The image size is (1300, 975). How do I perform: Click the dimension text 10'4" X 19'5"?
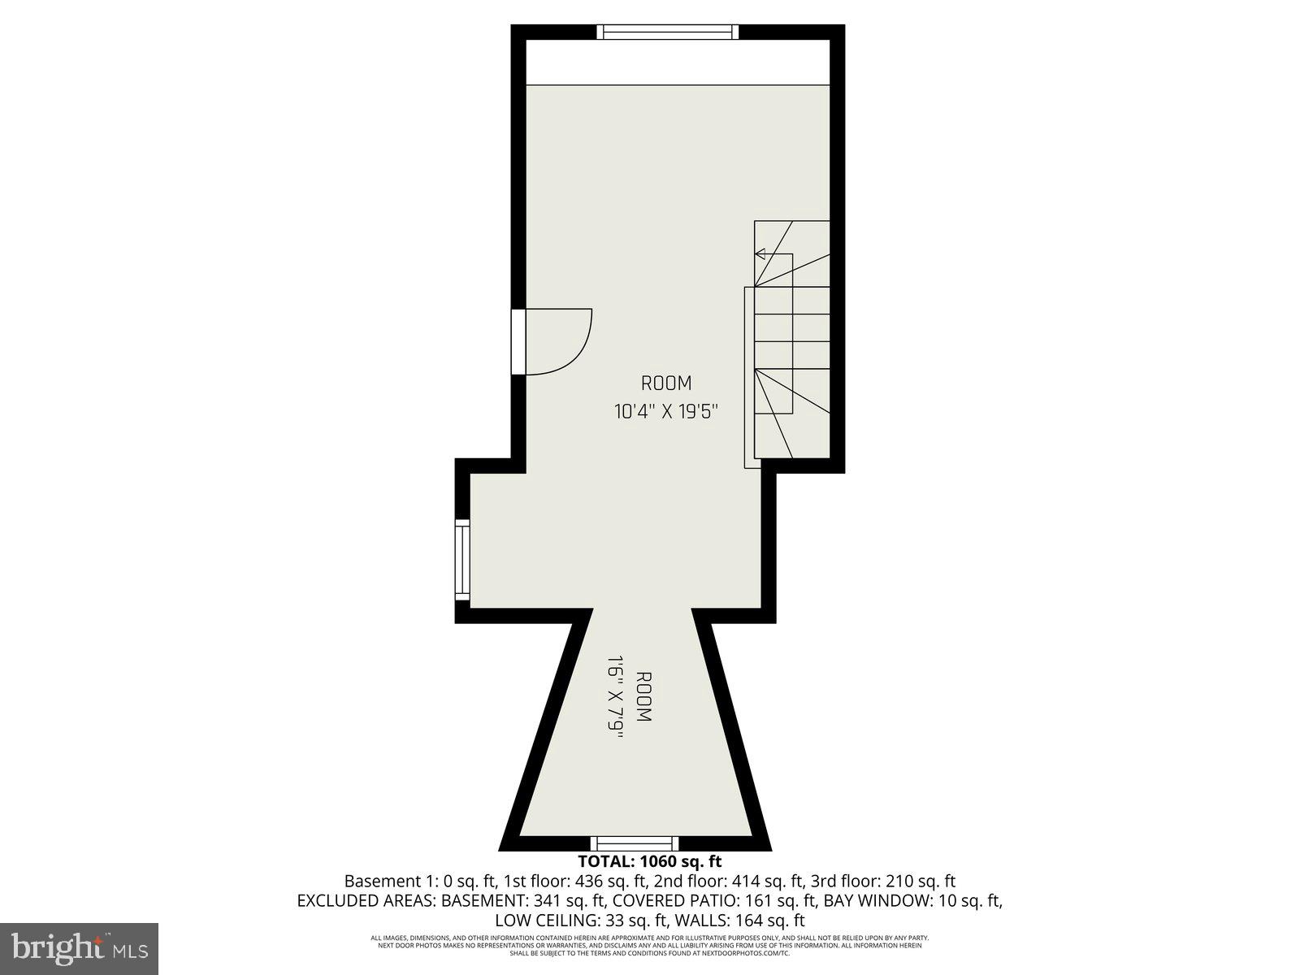(x=666, y=412)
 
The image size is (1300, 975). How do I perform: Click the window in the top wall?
(x=668, y=32)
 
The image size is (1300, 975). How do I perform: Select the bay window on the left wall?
(x=462, y=560)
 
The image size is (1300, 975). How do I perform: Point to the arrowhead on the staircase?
(x=760, y=254)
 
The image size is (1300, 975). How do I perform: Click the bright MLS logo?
(x=79, y=947)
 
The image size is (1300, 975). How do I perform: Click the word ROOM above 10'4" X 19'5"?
(x=666, y=383)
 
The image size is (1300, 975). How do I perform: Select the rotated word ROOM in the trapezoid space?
(x=643, y=697)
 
